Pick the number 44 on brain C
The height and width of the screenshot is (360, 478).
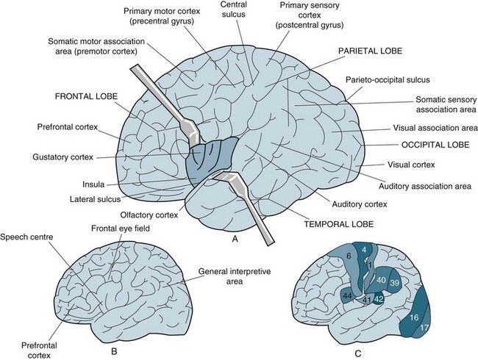click(347, 295)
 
